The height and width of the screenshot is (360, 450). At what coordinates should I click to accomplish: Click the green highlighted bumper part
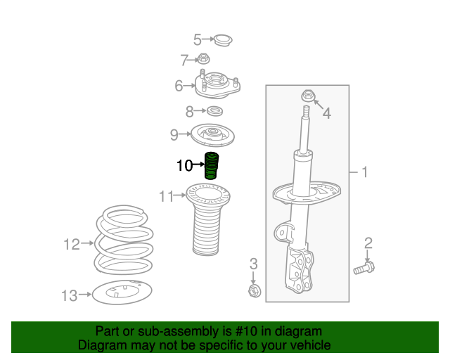[x=212, y=165]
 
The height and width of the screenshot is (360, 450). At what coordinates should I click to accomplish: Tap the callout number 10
[x=184, y=166]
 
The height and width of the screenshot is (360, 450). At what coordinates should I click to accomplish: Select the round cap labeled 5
[x=224, y=41]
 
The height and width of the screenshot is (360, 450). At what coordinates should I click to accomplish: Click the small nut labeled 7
[x=203, y=59]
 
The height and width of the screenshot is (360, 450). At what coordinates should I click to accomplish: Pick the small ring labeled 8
[x=214, y=111]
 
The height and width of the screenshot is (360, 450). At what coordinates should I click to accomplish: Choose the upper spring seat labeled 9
[x=212, y=135]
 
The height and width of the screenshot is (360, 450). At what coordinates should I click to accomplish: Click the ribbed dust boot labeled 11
[x=208, y=219]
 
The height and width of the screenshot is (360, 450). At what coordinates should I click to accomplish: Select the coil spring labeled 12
[x=124, y=241]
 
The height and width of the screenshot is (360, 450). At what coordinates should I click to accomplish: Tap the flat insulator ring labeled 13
[x=122, y=292]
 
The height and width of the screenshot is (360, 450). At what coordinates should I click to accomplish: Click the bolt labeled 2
[x=364, y=268]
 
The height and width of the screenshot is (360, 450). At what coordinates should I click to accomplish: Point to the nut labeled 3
[x=255, y=291]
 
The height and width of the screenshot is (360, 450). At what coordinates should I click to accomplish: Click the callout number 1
[x=364, y=172]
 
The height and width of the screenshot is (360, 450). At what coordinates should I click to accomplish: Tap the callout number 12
[x=72, y=245]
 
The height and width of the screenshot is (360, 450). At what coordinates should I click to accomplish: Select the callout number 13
[x=70, y=295]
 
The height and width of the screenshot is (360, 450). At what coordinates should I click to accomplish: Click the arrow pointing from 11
[x=180, y=195]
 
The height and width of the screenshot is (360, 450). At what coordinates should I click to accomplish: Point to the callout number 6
[x=179, y=86]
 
